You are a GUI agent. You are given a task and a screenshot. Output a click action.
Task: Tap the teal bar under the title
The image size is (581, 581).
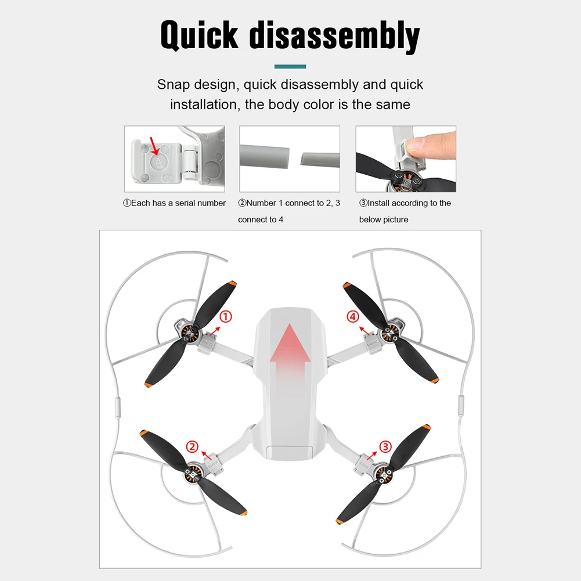[290, 67]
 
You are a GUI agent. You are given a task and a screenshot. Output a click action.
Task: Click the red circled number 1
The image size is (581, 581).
[226, 316]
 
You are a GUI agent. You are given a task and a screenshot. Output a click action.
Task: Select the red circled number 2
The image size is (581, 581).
[192, 446]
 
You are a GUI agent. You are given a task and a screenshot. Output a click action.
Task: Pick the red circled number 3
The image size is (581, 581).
[386, 446]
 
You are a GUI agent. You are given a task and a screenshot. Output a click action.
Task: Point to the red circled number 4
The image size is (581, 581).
[353, 316]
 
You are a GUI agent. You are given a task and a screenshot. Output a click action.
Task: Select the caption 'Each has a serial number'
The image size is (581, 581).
[174, 203]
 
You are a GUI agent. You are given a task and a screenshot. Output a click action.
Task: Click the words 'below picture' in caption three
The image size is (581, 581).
[383, 219]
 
